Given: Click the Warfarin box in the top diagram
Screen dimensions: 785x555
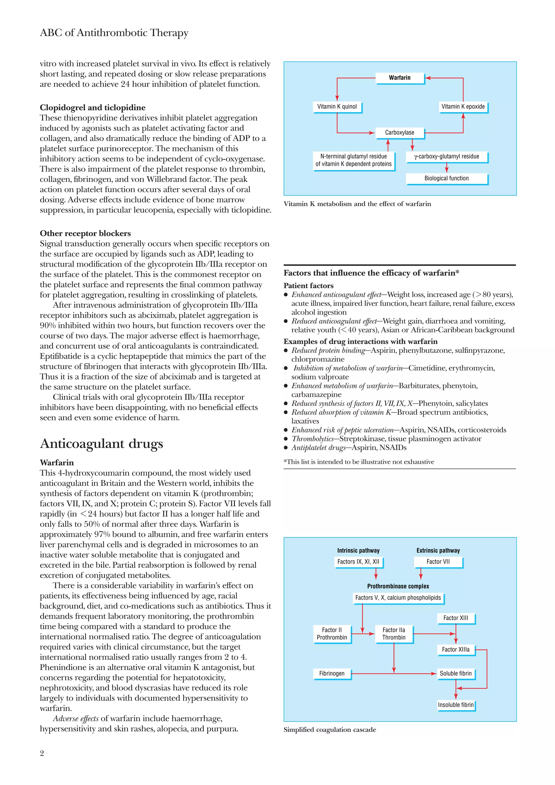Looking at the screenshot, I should click(399, 78).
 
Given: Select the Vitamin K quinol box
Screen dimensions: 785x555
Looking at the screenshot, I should click(337, 107).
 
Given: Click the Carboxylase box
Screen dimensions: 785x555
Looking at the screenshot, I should click(399, 133).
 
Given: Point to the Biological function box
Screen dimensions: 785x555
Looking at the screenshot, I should click(446, 179).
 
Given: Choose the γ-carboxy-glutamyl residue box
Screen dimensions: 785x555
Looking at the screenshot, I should click(446, 157).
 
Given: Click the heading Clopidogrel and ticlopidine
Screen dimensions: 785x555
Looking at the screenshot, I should click(93, 108).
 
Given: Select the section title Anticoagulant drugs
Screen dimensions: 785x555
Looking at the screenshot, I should click(101, 443).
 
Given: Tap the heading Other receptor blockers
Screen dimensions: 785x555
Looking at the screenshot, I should click(85, 233).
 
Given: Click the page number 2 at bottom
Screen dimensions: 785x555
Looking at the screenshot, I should click(42, 754).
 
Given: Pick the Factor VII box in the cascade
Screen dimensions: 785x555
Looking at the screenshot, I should click(438, 562).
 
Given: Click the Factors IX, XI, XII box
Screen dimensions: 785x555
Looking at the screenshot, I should click(358, 562).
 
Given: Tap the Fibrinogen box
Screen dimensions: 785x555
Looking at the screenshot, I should click(332, 674).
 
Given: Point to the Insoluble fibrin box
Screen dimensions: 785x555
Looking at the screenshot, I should click(456, 705).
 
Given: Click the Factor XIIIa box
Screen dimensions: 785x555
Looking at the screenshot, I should click(456, 649).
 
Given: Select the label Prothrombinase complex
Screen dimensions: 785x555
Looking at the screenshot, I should click(398, 586).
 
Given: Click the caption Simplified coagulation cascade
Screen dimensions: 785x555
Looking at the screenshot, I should click(330, 730).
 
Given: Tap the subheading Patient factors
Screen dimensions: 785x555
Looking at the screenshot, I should click(308, 286).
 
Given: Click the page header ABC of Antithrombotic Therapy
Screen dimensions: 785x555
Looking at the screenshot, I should click(114, 33).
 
